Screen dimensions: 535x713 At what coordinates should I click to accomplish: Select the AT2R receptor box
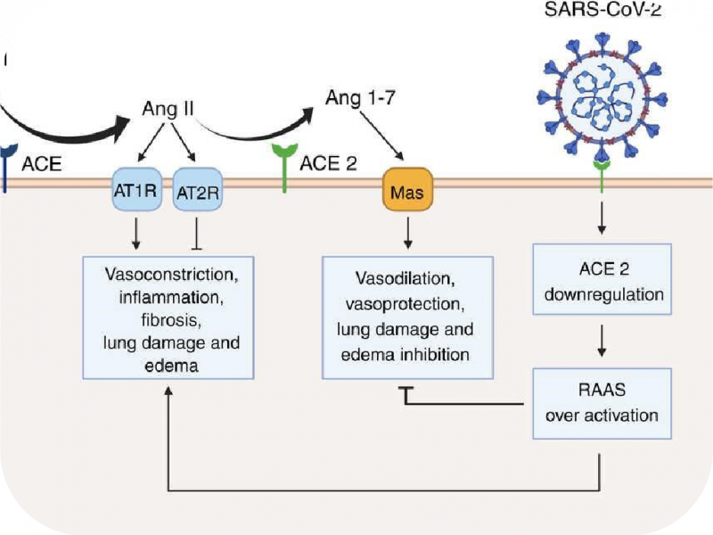coord(195,191)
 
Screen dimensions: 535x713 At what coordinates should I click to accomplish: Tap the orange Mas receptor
coord(406,191)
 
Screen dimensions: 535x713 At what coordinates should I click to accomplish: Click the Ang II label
coord(168,109)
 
